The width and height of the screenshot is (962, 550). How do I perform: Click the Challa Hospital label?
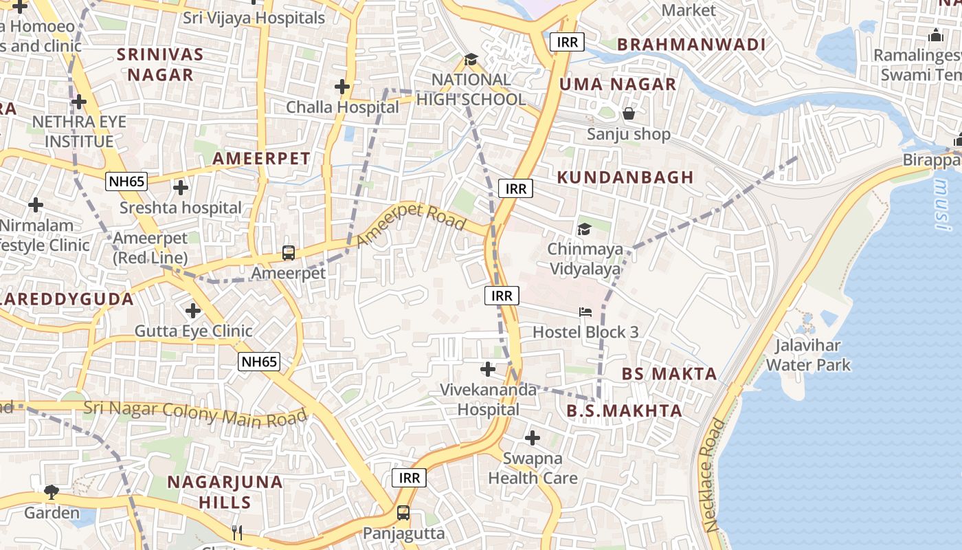pyautogui.click(x=342, y=107)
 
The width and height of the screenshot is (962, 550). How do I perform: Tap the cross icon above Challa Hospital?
pyautogui.click(x=342, y=87)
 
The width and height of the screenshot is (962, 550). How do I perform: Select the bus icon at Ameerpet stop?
pyautogui.click(x=289, y=253)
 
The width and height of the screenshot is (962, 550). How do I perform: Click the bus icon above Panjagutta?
pyautogui.click(x=403, y=513)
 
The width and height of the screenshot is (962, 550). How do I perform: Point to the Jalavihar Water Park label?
pyautogui.click(x=808, y=355)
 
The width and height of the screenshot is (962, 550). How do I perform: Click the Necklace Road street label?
pyautogui.click(x=715, y=474)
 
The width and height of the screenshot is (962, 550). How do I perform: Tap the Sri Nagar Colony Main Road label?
pyautogui.click(x=195, y=413)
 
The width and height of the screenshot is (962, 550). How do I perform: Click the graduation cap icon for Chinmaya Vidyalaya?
pyautogui.click(x=584, y=229)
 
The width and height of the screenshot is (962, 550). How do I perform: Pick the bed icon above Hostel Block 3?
pyautogui.click(x=585, y=312)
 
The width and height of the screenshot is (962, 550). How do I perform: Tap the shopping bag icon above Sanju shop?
pyautogui.click(x=628, y=113)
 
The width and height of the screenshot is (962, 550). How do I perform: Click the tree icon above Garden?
pyautogui.click(x=52, y=492)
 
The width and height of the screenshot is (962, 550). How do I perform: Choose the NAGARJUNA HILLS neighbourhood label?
pyautogui.click(x=225, y=492)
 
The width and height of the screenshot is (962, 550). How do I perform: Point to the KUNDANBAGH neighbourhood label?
pyautogui.click(x=625, y=177)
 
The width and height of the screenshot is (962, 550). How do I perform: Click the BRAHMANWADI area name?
pyautogui.click(x=691, y=45)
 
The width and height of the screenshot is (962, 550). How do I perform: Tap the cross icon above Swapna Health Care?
pyautogui.click(x=533, y=438)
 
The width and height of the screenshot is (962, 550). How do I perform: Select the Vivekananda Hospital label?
pyautogui.click(x=489, y=399)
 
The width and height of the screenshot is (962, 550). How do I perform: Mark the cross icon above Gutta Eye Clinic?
pyautogui.click(x=193, y=311)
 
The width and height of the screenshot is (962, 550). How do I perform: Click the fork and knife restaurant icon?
pyautogui.click(x=237, y=532)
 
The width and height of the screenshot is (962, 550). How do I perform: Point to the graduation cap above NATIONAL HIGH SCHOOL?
pyautogui.click(x=471, y=60)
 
